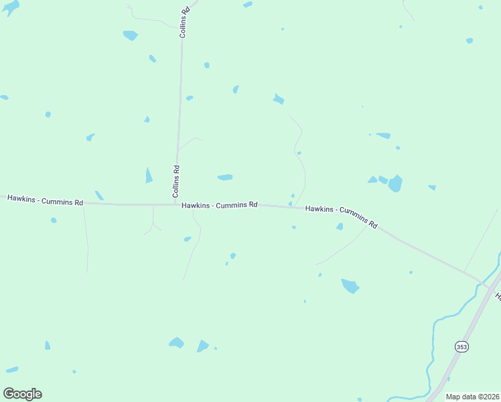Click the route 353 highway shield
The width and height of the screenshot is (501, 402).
[461, 346]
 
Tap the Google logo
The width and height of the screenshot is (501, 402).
[22, 394]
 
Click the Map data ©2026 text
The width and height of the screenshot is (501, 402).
[472, 397]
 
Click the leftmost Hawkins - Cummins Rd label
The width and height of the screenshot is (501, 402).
[45, 200]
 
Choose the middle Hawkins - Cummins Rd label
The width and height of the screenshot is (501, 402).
[219, 205]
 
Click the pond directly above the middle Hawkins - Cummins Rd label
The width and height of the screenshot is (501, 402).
[225, 178]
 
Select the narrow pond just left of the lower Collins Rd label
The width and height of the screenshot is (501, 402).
[149, 176]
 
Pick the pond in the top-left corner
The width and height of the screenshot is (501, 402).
[10, 7]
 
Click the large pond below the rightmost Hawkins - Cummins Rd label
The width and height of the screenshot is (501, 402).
[350, 286]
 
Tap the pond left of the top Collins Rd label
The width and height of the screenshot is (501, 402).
[131, 35]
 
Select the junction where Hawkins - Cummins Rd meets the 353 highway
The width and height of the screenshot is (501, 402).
[486, 285]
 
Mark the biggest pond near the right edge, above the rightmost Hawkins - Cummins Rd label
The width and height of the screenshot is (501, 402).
[395, 183]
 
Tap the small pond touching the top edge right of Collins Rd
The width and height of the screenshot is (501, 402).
[248, 5]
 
